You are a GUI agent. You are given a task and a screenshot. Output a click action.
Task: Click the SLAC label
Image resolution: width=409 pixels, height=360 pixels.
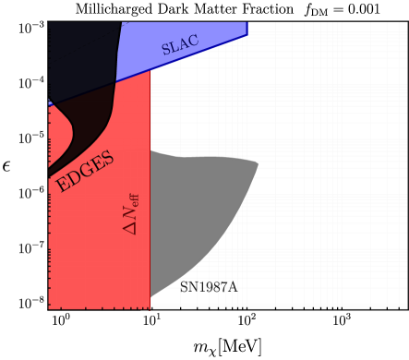pos(180,44)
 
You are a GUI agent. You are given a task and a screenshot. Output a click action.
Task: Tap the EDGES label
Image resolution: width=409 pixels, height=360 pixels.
pos(85,172)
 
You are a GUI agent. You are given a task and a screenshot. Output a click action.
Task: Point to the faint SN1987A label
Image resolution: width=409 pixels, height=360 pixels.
pos(209,287)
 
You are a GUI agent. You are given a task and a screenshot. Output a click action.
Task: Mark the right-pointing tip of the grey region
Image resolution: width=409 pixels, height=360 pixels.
pos(258,167)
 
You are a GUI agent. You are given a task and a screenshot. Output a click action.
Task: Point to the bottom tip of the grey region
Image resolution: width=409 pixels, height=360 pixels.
pos(151,295)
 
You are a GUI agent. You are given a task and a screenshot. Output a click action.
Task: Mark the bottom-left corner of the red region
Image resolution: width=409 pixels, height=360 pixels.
pos(50,307)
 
